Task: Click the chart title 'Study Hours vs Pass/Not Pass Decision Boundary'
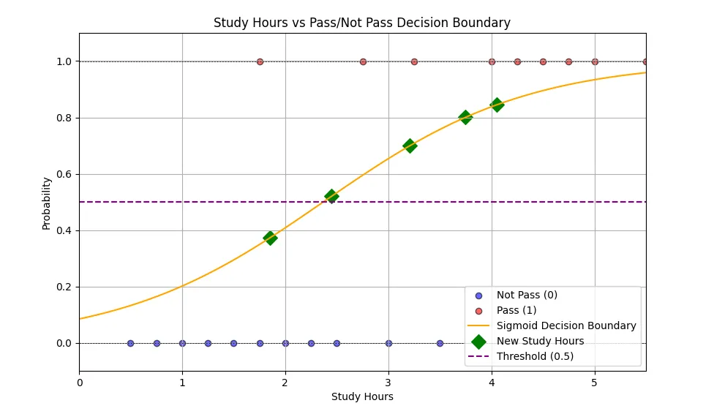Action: point(361,23)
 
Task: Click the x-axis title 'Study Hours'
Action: point(362,397)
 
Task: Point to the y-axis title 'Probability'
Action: point(47,203)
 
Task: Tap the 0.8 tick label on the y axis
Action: point(64,118)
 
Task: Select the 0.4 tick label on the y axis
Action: point(64,230)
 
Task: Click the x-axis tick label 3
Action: point(388,381)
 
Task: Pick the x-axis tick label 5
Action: point(595,381)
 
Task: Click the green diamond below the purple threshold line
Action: point(270,238)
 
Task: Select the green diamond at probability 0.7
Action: point(410,146)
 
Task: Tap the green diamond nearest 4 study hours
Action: point(497,105)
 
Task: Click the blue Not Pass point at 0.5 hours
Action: point(130,343)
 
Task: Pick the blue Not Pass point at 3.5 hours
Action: point(440,343)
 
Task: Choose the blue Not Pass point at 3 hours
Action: point(388,343)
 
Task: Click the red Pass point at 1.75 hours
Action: point(260,61)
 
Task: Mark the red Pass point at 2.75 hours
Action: point(363,61)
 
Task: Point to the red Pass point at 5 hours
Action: point(595,61)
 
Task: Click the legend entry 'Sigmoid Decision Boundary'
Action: point(566,325)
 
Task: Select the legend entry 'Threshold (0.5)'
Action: point(535,356)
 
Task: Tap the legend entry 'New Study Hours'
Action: point(540,341)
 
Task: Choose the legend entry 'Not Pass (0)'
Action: point(527,295)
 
